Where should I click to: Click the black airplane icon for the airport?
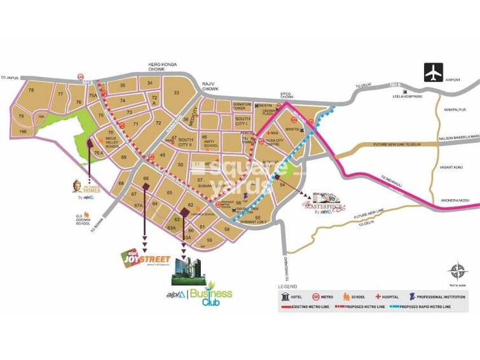(x=434, y=73)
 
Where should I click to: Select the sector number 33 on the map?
(x=177, y=93)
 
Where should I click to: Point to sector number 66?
(x=146, y=179)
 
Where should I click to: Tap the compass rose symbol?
(x=456, y=272)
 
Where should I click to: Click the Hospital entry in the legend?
(x=390, y=296)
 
